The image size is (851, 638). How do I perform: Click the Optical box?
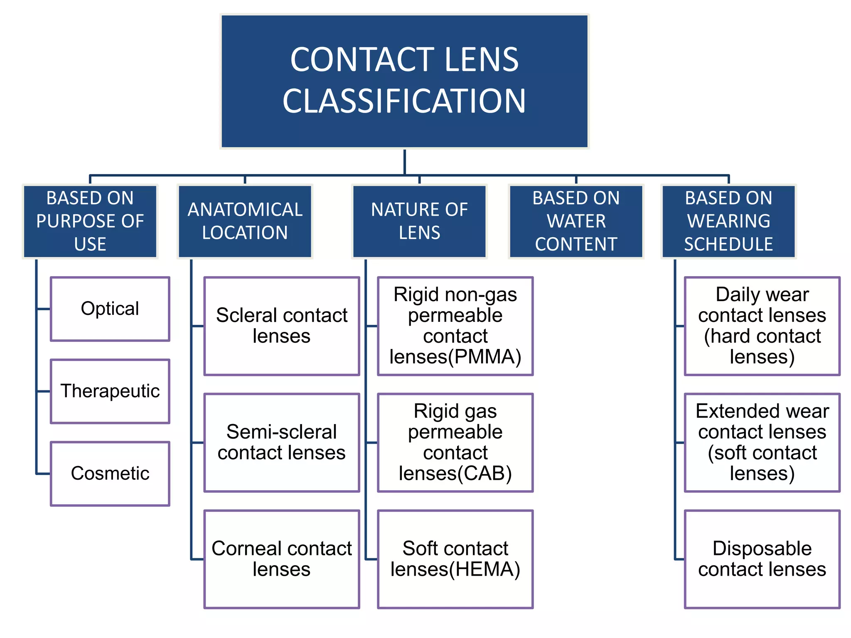coord(110,309)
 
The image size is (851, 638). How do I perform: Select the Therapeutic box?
coord(110,391)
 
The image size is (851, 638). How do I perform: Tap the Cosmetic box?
coord(110,474)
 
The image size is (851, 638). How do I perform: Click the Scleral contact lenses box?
coord(281,326)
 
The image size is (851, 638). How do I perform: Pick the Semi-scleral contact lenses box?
coord(281,442)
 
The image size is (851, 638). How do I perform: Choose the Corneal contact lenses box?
coord(281,559)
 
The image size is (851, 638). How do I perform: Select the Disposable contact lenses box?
coord(762,559)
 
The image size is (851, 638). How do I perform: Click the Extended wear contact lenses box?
coord(762,442)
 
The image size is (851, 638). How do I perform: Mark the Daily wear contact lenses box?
coord(762,326)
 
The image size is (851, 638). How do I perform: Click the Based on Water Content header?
coord(576,221)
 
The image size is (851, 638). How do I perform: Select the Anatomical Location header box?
coord(245,221)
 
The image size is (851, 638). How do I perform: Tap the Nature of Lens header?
coord(419,221)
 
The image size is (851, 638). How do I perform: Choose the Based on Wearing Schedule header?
coord(728,221)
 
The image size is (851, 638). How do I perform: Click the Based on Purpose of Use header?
coord(90,221)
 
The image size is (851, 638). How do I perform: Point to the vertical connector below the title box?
coord(404,162)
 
